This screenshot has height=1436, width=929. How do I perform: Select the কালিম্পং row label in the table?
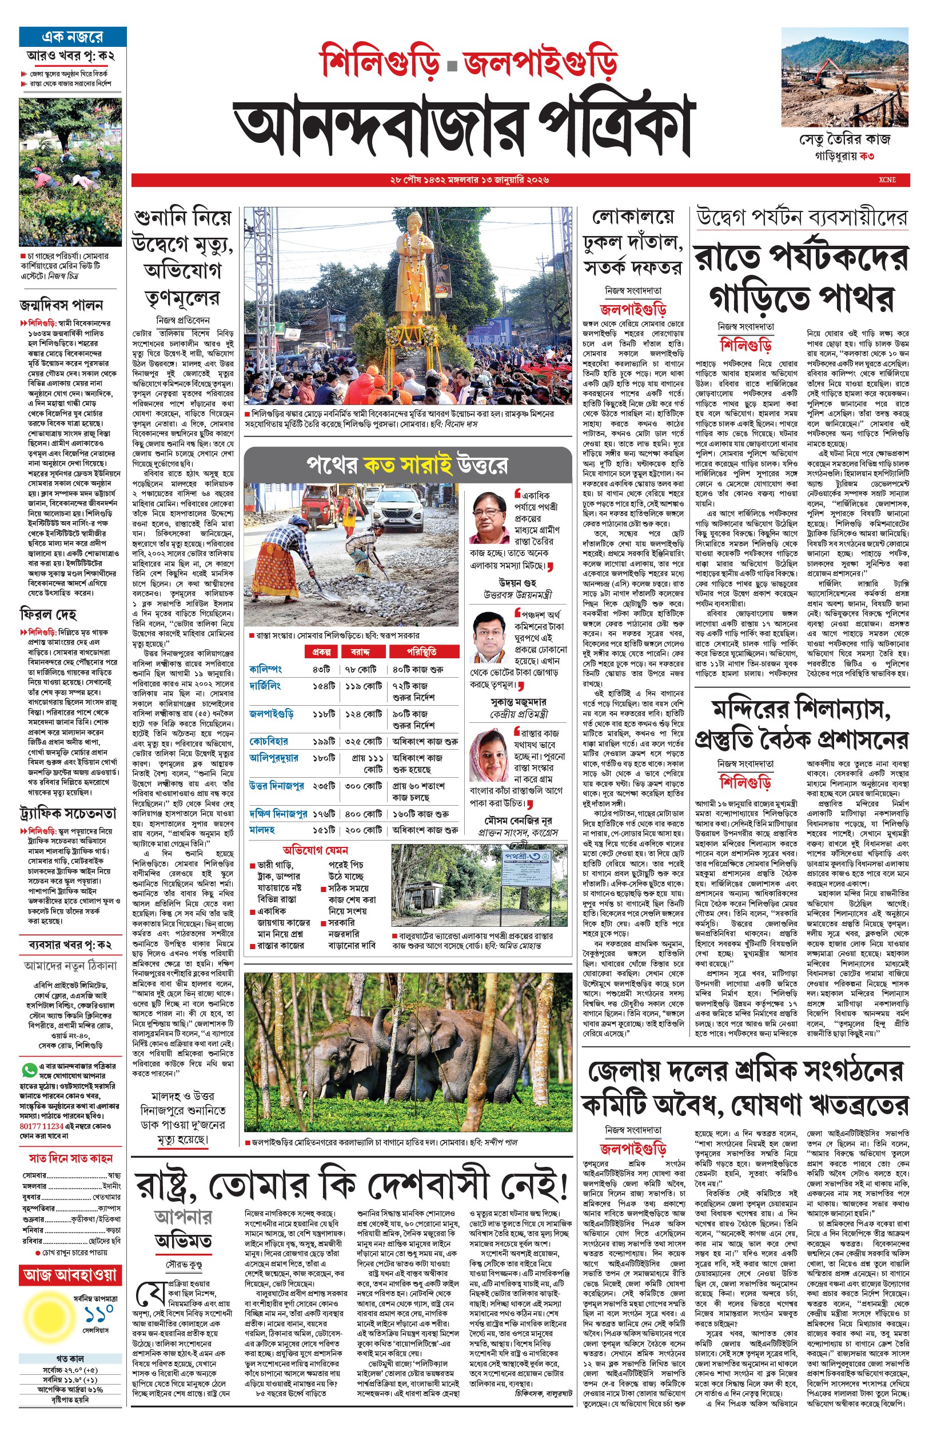click(x=265, y=669)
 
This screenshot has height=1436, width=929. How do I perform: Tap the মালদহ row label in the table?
click(x=262, y=830)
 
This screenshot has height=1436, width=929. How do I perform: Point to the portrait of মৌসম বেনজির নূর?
click(x=489, y=755)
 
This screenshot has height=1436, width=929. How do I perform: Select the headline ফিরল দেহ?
click(x=48, y=614)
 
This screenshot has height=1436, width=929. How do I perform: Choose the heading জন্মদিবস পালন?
click(x=61, y=305)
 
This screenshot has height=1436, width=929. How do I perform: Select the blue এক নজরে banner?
click(x=73, y=37)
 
